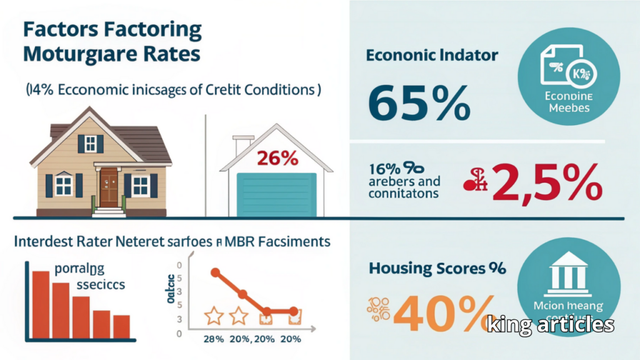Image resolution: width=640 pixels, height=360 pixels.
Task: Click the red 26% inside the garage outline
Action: (277, 159)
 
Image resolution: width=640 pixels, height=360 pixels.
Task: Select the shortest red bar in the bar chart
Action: (122, 326)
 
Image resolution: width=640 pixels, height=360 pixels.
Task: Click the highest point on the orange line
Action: (216, 272)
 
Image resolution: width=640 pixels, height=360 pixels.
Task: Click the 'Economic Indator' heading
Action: (431, 55)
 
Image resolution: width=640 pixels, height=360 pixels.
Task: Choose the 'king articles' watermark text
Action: (550, 324)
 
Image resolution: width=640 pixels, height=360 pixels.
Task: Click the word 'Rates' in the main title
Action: (174, 53)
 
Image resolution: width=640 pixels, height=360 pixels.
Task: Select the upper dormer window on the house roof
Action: (90, 144)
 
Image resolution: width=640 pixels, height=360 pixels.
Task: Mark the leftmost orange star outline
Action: (214, 316)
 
